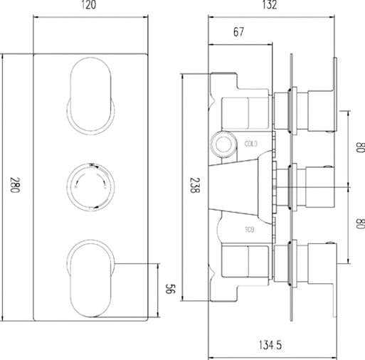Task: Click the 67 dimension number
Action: tap(238, 33)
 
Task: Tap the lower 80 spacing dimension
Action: tap(359, 223)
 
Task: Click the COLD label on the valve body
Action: tap(250, 143)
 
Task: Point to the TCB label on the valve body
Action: tap(250, 229)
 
